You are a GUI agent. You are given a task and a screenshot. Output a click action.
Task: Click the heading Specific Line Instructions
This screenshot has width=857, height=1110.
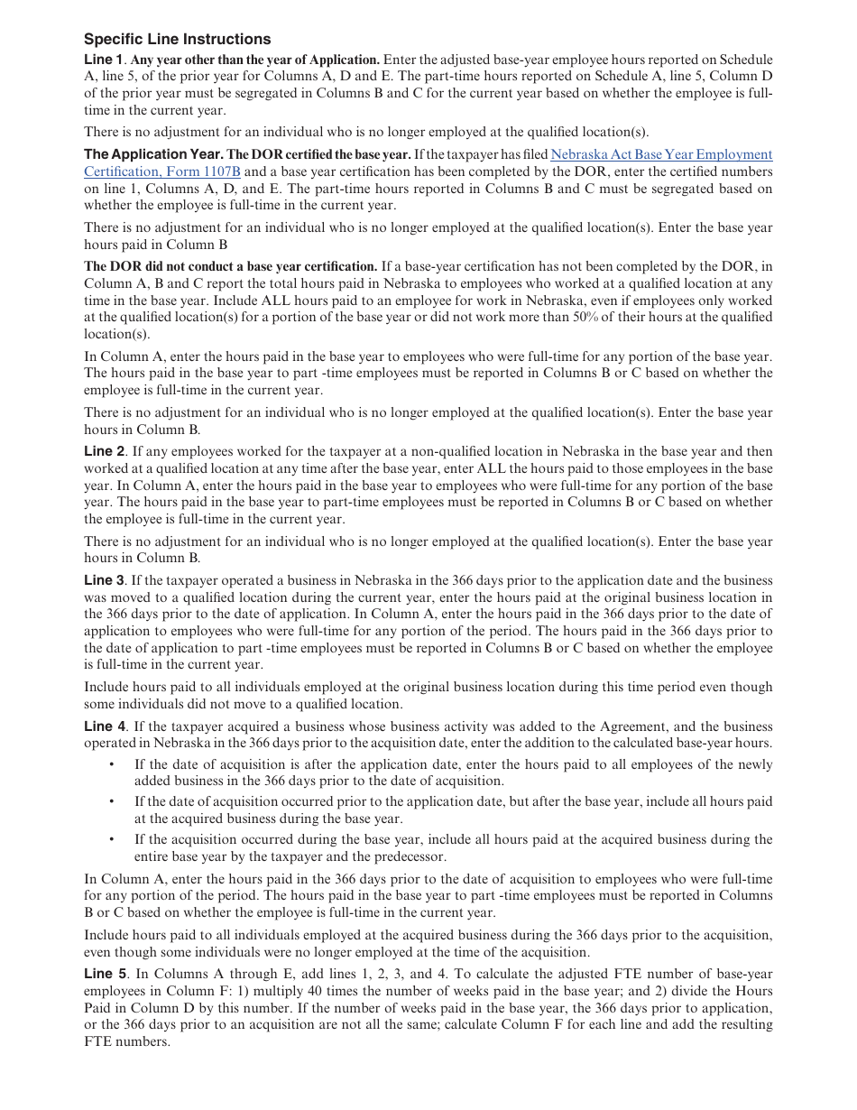[x=177, y=40]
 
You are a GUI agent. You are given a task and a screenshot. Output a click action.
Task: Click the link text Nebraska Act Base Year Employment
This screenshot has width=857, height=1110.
[x=661, y=154]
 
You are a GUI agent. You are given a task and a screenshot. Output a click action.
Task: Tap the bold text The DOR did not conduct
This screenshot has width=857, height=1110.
[x=230, y=266]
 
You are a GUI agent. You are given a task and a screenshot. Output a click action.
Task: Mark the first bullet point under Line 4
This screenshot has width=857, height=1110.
[x=112, y=764]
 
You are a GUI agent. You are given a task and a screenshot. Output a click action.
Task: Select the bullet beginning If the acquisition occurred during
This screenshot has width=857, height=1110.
[x=112, y=839]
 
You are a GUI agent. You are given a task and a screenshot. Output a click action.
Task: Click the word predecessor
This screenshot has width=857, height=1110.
[x=410, y=856]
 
